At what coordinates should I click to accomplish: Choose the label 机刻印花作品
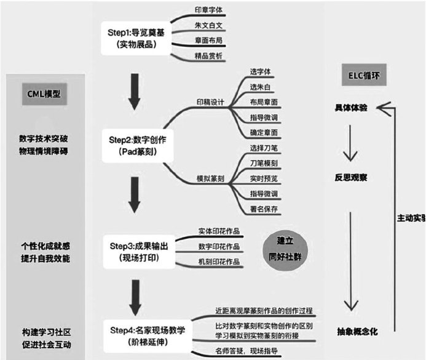[218, 262]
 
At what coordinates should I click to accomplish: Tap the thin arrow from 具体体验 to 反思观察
[351, 143]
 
